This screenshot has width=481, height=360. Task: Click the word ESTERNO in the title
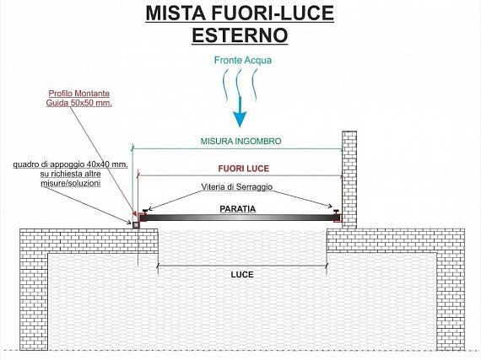240,35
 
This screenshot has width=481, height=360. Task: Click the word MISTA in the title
176,13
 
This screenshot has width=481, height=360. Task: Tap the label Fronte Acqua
243,60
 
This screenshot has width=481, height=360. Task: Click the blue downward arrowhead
240,119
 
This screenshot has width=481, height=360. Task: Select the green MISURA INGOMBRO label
240,142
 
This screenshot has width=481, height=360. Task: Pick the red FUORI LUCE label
244,169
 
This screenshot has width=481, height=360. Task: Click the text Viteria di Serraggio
237,186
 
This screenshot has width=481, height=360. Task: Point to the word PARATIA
238,209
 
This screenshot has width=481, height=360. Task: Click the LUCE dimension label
242,275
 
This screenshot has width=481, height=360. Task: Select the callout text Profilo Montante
79,93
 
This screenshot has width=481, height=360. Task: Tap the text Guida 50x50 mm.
79,103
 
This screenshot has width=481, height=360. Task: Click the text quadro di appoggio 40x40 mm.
71,164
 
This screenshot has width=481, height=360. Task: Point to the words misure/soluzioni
71,183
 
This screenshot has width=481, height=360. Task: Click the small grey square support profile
136,225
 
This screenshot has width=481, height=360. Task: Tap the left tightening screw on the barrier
145,211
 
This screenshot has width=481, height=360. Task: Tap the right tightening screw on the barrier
336,212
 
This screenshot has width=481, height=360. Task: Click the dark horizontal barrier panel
240,218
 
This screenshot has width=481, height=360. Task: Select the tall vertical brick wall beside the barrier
349,180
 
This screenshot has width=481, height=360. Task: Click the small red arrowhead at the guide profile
133,213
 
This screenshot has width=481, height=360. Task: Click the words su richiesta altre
71,174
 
